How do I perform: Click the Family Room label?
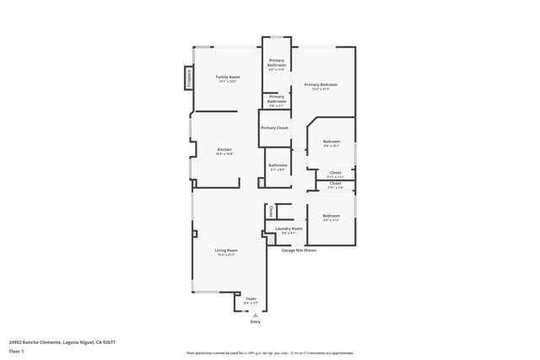[x=222, y=77]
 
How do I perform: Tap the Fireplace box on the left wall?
[x=189, y=78]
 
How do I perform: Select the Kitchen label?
[x=224, y=149]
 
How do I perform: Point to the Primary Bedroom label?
[x=321, y=84]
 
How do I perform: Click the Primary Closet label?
[x=274, y=127]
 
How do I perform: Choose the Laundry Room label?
[x=289, y=228]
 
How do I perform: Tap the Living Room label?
[x=226, y=250]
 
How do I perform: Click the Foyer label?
[x=251, y=298]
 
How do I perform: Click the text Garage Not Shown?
[x=299, y=250]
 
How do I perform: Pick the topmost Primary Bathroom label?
[x=277, y=62]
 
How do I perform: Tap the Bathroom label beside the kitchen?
[x=278, y=165]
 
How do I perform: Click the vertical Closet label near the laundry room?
[x=271, y=212]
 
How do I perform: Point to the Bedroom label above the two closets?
[x=332, y=142]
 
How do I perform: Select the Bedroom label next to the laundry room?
[x=332, y=216]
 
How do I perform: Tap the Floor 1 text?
[x=16, y=351]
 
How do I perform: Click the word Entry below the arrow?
[x=256, y=322]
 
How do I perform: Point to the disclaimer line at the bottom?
[x=270, y=352]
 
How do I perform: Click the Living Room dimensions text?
[x=226, y=255]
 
